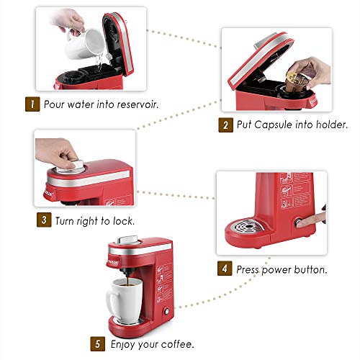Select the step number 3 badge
45,220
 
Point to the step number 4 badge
225,270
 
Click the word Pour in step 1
54,103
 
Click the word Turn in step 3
66,220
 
